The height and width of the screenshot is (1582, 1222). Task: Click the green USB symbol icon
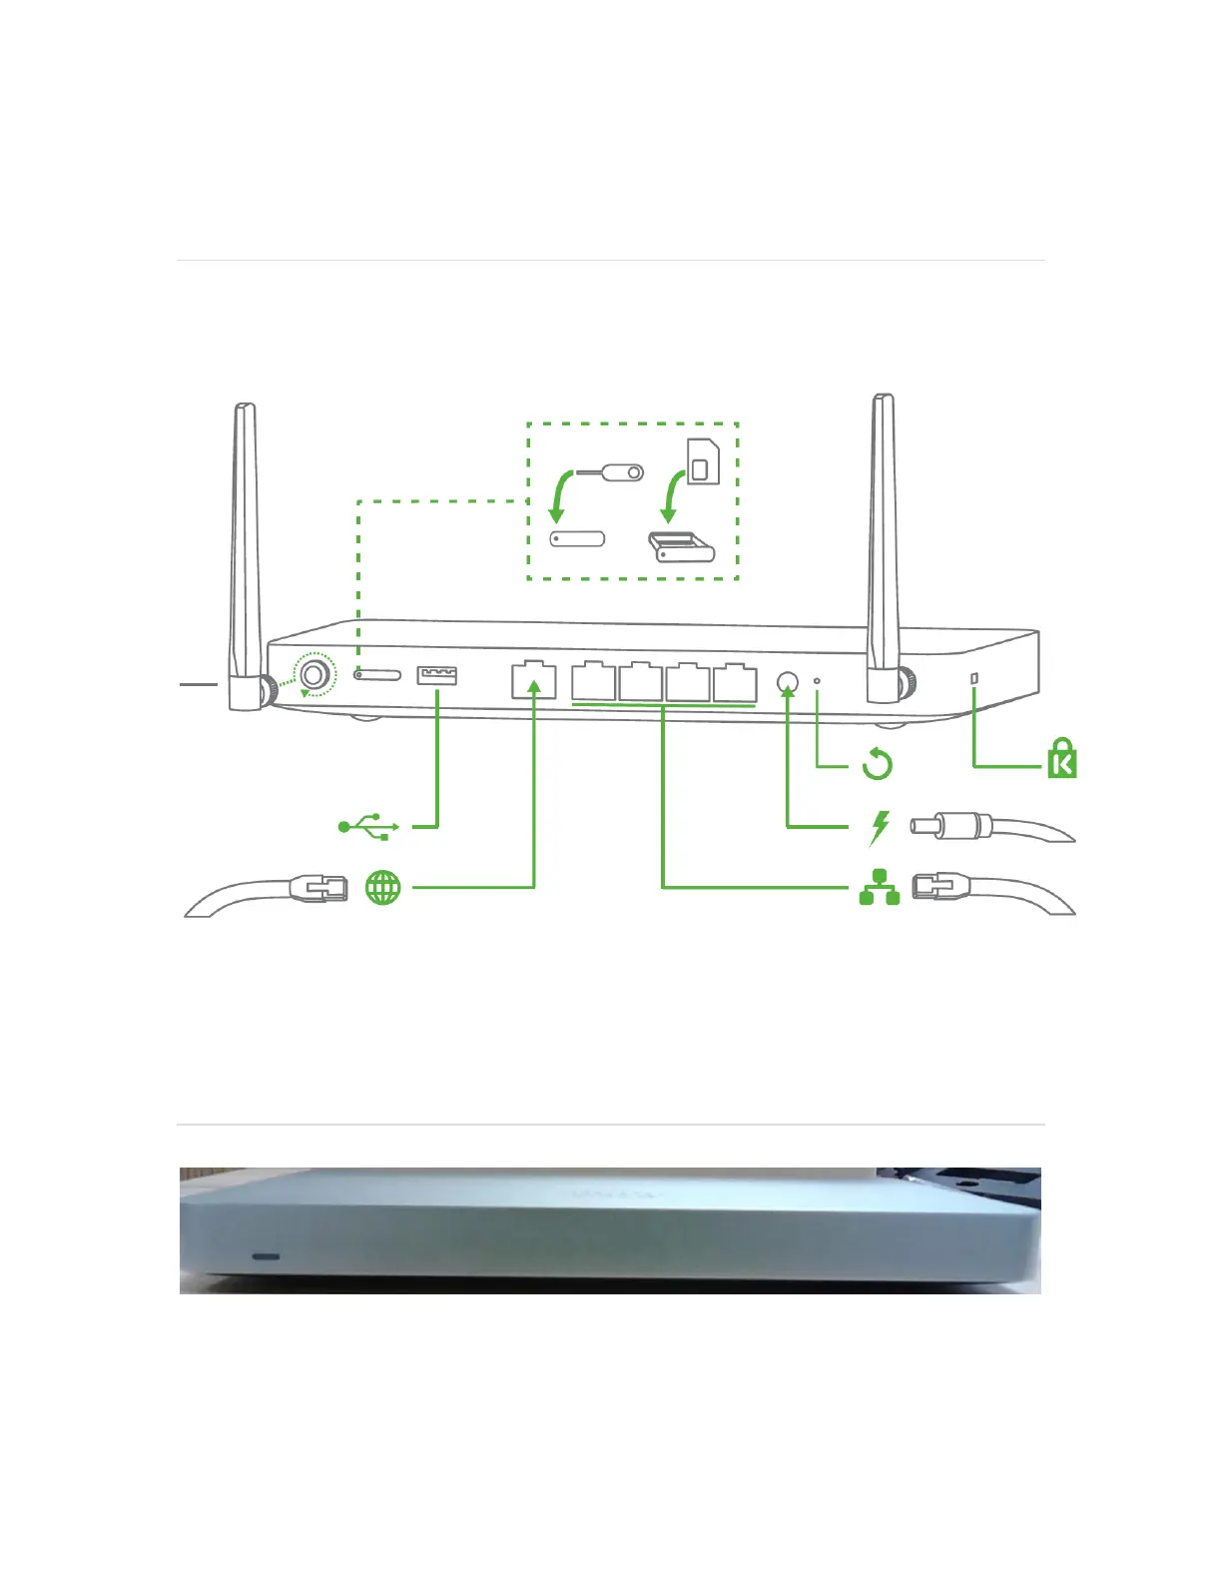(x=369, y=827)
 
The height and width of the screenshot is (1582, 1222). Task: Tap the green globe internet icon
(x=383, y=887)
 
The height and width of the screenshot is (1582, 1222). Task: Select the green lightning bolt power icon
(x=880, y=827)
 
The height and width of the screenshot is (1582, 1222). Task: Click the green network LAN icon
(x=880, y=887)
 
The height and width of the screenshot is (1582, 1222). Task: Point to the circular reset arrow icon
(x=877, y=765)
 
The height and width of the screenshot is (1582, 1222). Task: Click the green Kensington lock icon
(x=1062, y=759)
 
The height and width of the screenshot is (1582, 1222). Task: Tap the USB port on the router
(x=437, y=676)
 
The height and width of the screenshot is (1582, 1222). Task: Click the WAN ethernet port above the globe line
(x=533, y=679)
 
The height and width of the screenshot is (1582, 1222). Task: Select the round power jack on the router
(x=788, y=683)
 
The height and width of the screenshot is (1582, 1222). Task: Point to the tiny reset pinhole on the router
(x=818, y=681)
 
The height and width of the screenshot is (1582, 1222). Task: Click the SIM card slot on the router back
(x=378, y=675)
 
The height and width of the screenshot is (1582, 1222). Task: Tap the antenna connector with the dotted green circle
(x=314, y=675)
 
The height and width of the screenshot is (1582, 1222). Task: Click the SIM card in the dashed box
(x=704, y=461)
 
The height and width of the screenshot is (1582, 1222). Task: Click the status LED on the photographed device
(x=266, y=1255)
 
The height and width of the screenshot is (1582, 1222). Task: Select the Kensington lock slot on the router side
(x=974, y=679)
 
